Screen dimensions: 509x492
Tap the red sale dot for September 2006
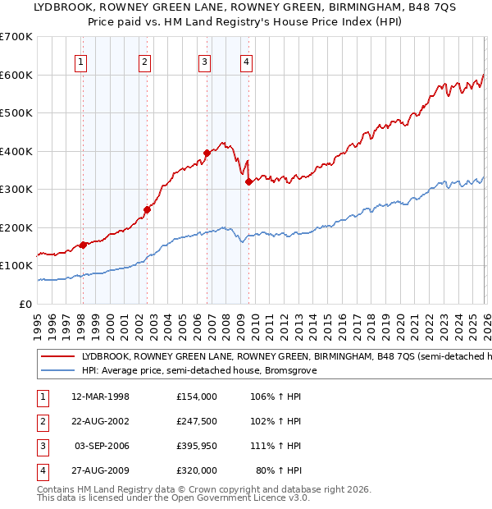click(207, 153)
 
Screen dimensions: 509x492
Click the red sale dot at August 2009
click(248, 181)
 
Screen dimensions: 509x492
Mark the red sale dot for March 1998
click(83, 245)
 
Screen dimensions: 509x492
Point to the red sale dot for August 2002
click(147, 209)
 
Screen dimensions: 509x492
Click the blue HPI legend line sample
click(58, 371)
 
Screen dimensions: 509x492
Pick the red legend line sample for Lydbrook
click(58, 357)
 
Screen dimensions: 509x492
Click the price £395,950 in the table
click(196, 446)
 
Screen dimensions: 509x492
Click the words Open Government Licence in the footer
click(238, 498)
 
